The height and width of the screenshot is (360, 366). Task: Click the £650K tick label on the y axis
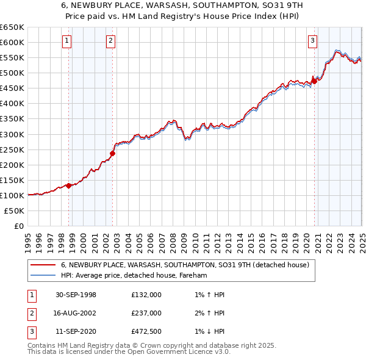coord(12,27)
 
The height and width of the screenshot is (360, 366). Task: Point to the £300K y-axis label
coord(12,134)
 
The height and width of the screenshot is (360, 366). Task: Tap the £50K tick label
coord(15,211)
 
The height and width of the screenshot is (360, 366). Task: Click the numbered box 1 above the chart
coord(66,41)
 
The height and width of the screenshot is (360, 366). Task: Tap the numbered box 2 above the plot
coord(110,41)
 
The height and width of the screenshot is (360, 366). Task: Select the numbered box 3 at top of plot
coord(312,41)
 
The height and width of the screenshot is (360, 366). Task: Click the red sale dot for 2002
coord(113,153)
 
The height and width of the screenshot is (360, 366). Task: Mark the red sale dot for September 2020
coord(314,81)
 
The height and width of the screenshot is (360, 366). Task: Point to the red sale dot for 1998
coord(69,185)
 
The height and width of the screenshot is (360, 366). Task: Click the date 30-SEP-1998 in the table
coord(76,295)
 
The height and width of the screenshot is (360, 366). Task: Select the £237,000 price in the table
coord(146,312)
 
